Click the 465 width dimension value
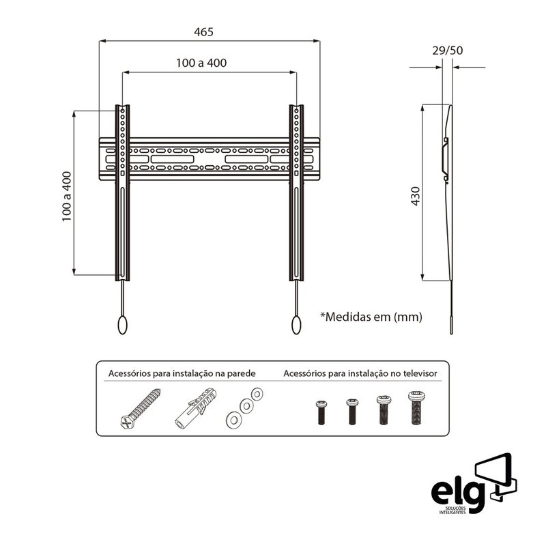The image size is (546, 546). pos(203,32)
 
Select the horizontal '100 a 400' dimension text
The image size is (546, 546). pos(201,63)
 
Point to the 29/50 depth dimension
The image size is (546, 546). pos(447,51)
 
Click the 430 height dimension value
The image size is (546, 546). pos(416,195)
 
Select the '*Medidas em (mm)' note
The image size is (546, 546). pos(371,317)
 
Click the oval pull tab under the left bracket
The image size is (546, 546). pos(122,325)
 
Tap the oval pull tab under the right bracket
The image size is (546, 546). pos(297,325)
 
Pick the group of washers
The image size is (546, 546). pos(244,407)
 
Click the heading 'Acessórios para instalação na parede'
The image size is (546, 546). pos(182,374)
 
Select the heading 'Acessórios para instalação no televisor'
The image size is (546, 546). pos(360,374)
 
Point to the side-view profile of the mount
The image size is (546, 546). pos(449,205)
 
